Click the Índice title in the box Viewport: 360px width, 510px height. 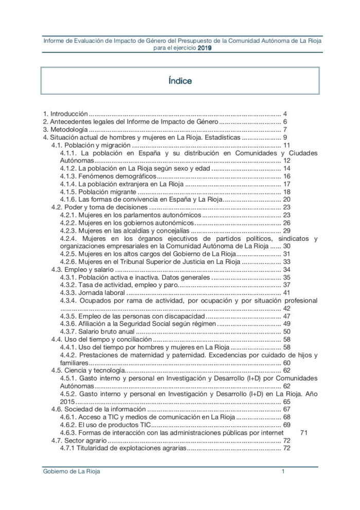pos(180,81)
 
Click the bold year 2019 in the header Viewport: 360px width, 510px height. pos(205,47)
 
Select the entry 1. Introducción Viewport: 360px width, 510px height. pos(66,113)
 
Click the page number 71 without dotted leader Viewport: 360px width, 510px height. pos(303,433)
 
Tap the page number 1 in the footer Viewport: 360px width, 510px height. pos(283,472)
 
